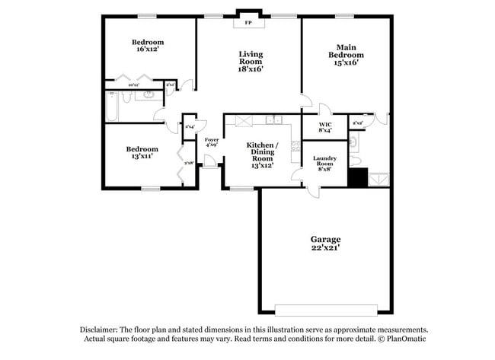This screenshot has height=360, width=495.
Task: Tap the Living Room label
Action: [x=251, y=61]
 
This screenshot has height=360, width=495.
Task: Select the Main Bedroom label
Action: [x=346, y=55]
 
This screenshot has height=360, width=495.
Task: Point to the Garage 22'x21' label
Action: [x=324, y=243]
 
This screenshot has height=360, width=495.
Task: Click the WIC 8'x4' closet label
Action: [x=325, y=126]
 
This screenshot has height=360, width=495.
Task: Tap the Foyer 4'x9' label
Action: [x=212, y=142]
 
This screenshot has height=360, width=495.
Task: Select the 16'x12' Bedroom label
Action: [x=148, y=46]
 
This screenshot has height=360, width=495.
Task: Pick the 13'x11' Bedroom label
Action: [x=142, y=152]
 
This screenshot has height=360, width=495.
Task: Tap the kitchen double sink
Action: [x=274, y=120]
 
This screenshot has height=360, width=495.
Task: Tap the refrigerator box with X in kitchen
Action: [x=244, y=120]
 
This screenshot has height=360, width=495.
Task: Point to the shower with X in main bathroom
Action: [x=378, y=179]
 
